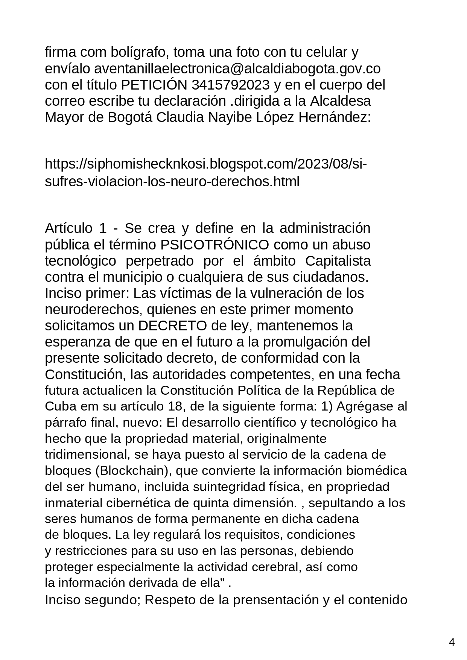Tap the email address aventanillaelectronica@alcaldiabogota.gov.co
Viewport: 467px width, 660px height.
point(237,69)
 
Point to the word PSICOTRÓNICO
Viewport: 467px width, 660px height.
point(214,245)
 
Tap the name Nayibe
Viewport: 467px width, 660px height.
point(230,117)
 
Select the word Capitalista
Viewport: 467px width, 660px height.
point(338,261)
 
